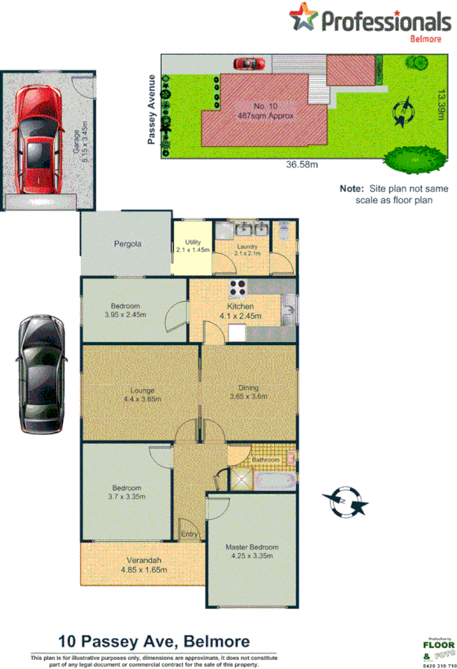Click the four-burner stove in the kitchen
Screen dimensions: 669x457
coord(237,287)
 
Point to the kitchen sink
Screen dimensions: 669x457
coord(289,308)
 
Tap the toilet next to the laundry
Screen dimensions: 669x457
coord(282,232)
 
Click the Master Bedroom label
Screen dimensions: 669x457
coord(252,547)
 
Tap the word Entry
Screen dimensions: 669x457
coord(189,534)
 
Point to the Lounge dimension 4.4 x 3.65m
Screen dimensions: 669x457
coord(141,399)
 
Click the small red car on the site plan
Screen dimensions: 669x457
coord(251,63)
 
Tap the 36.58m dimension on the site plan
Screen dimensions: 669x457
coord(302,165)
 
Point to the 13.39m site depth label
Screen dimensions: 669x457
coord(441,104)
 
